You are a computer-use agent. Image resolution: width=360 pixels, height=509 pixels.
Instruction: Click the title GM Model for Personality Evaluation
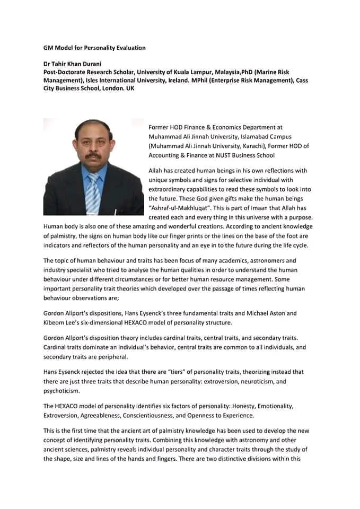click(x=94, y=48)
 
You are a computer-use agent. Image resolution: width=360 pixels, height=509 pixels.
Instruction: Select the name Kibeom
click(x=55, y=322)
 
